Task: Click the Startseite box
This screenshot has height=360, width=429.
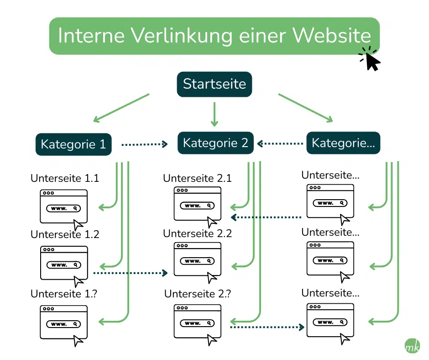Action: [x=214, y=84]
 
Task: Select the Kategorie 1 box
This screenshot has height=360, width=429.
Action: [x=73, y=144]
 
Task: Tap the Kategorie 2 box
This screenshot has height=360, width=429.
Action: [x=215, y=143]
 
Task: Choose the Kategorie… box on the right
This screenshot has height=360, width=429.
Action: [x=343, y=143]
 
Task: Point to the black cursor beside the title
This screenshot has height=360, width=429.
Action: [x=371, y=61]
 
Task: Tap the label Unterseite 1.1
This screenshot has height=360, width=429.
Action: [x=64, y=179]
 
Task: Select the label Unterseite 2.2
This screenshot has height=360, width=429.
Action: [x=197, y=234]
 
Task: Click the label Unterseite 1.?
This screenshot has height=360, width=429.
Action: [x=64, y=294]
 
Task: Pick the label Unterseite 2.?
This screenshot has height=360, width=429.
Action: [x=197, y=294]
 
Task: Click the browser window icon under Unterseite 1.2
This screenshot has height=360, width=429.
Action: [x=63, y=264]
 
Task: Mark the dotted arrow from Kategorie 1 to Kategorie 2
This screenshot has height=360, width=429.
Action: [x=144, y=144]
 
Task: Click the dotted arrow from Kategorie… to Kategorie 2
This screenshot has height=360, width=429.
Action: [x=281, y=144]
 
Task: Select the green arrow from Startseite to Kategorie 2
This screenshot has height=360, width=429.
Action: [x=214, y=114]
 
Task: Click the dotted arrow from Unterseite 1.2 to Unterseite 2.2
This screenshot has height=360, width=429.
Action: [x=131, y=273]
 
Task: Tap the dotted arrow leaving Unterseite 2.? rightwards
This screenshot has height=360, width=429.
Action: [x=267, y=327]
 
